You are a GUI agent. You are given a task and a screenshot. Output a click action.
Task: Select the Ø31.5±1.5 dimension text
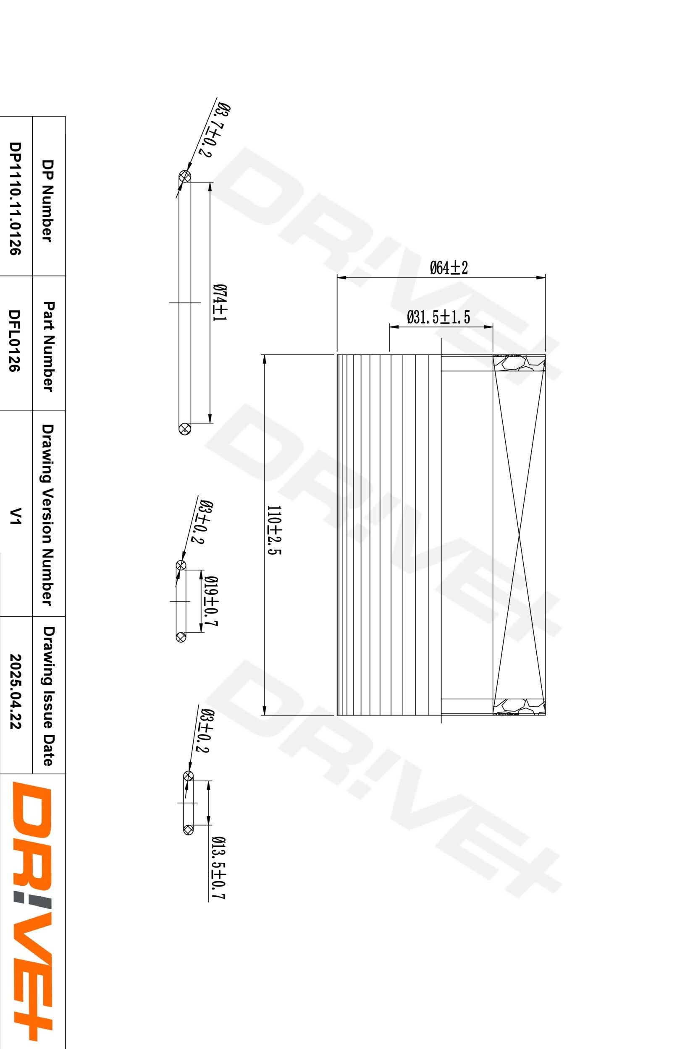pos(438,317)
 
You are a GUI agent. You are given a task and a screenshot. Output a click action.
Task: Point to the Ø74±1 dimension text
pos(219,303)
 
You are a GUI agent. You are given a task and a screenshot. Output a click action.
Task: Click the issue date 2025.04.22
pos(15,697)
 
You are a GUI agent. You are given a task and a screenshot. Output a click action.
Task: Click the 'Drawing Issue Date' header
pos(47,697)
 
